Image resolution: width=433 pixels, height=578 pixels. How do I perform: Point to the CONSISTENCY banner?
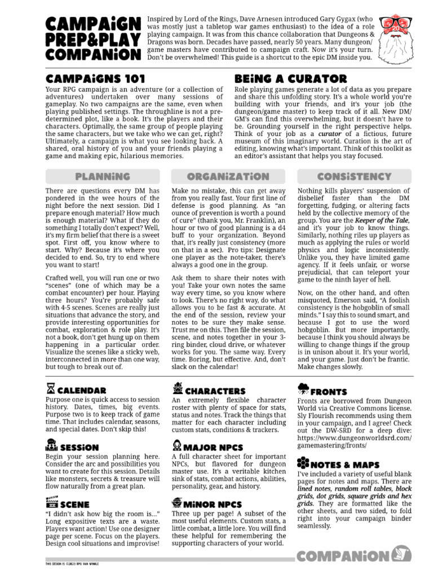(x=354, y=177)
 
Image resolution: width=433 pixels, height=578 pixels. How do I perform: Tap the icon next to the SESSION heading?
(x=50, y=445)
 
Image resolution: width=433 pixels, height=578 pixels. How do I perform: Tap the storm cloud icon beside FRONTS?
(x=303, y=389)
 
